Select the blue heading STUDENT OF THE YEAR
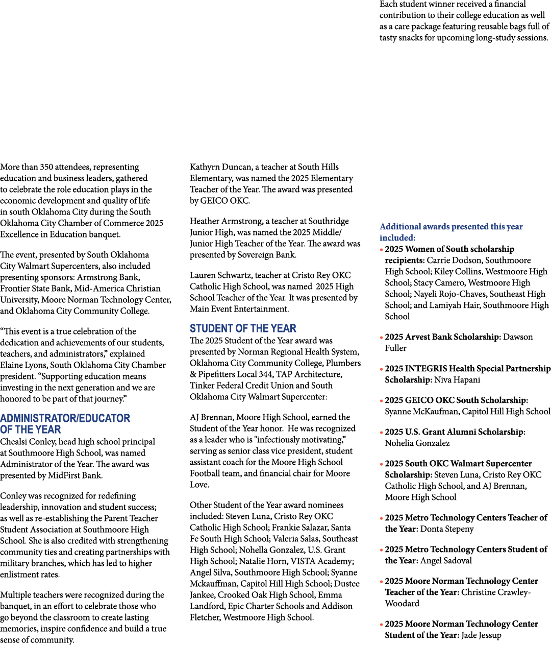click(x=243, y=328)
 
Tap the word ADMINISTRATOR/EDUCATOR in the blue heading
click(x=65, y=418)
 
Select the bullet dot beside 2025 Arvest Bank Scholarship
click(x=382, y=338)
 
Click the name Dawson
click(x=518, y=337)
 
